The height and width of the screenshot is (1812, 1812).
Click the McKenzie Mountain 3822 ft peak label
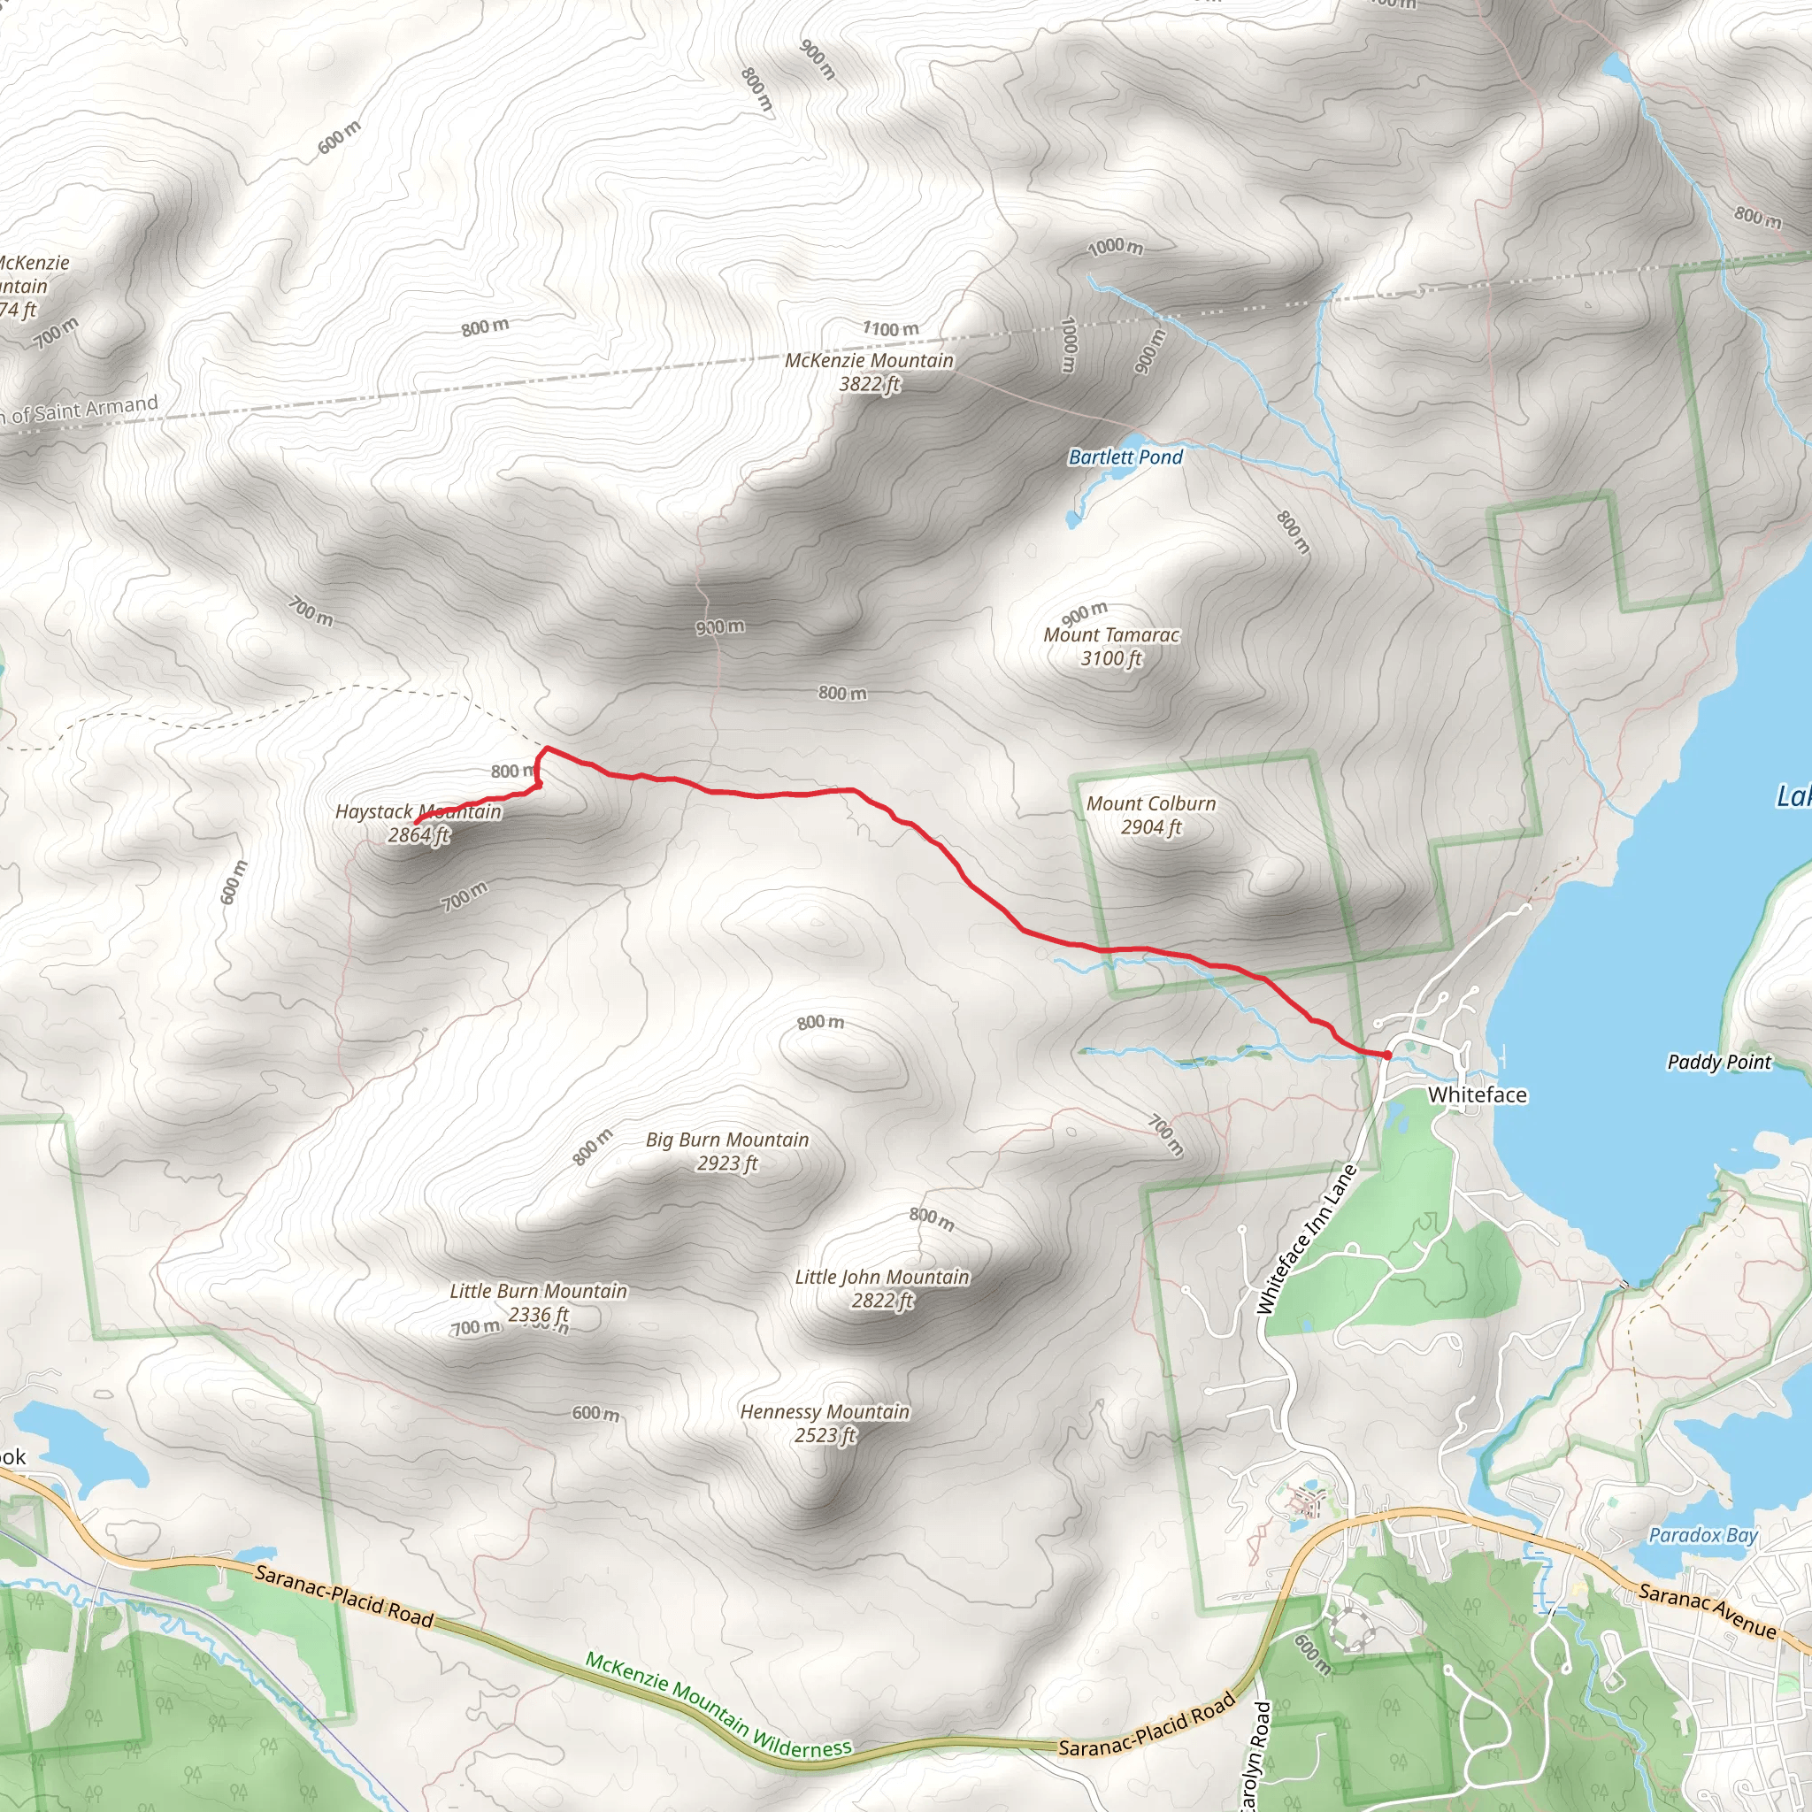pos(869,372)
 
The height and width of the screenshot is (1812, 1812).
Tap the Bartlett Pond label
pos(1125,457)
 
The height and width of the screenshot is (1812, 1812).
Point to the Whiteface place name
pos(1478,1094)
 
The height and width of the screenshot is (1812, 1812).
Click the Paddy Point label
pos(1718,1062)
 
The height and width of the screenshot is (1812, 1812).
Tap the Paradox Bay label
pos(1702,1535)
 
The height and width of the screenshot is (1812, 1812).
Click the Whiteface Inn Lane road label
pos(1307,1239)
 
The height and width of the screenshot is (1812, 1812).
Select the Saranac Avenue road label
pos(1707,1609)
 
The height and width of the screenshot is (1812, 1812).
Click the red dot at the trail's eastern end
pos(1386,1056)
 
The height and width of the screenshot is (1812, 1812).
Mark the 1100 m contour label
pos(891,329)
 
